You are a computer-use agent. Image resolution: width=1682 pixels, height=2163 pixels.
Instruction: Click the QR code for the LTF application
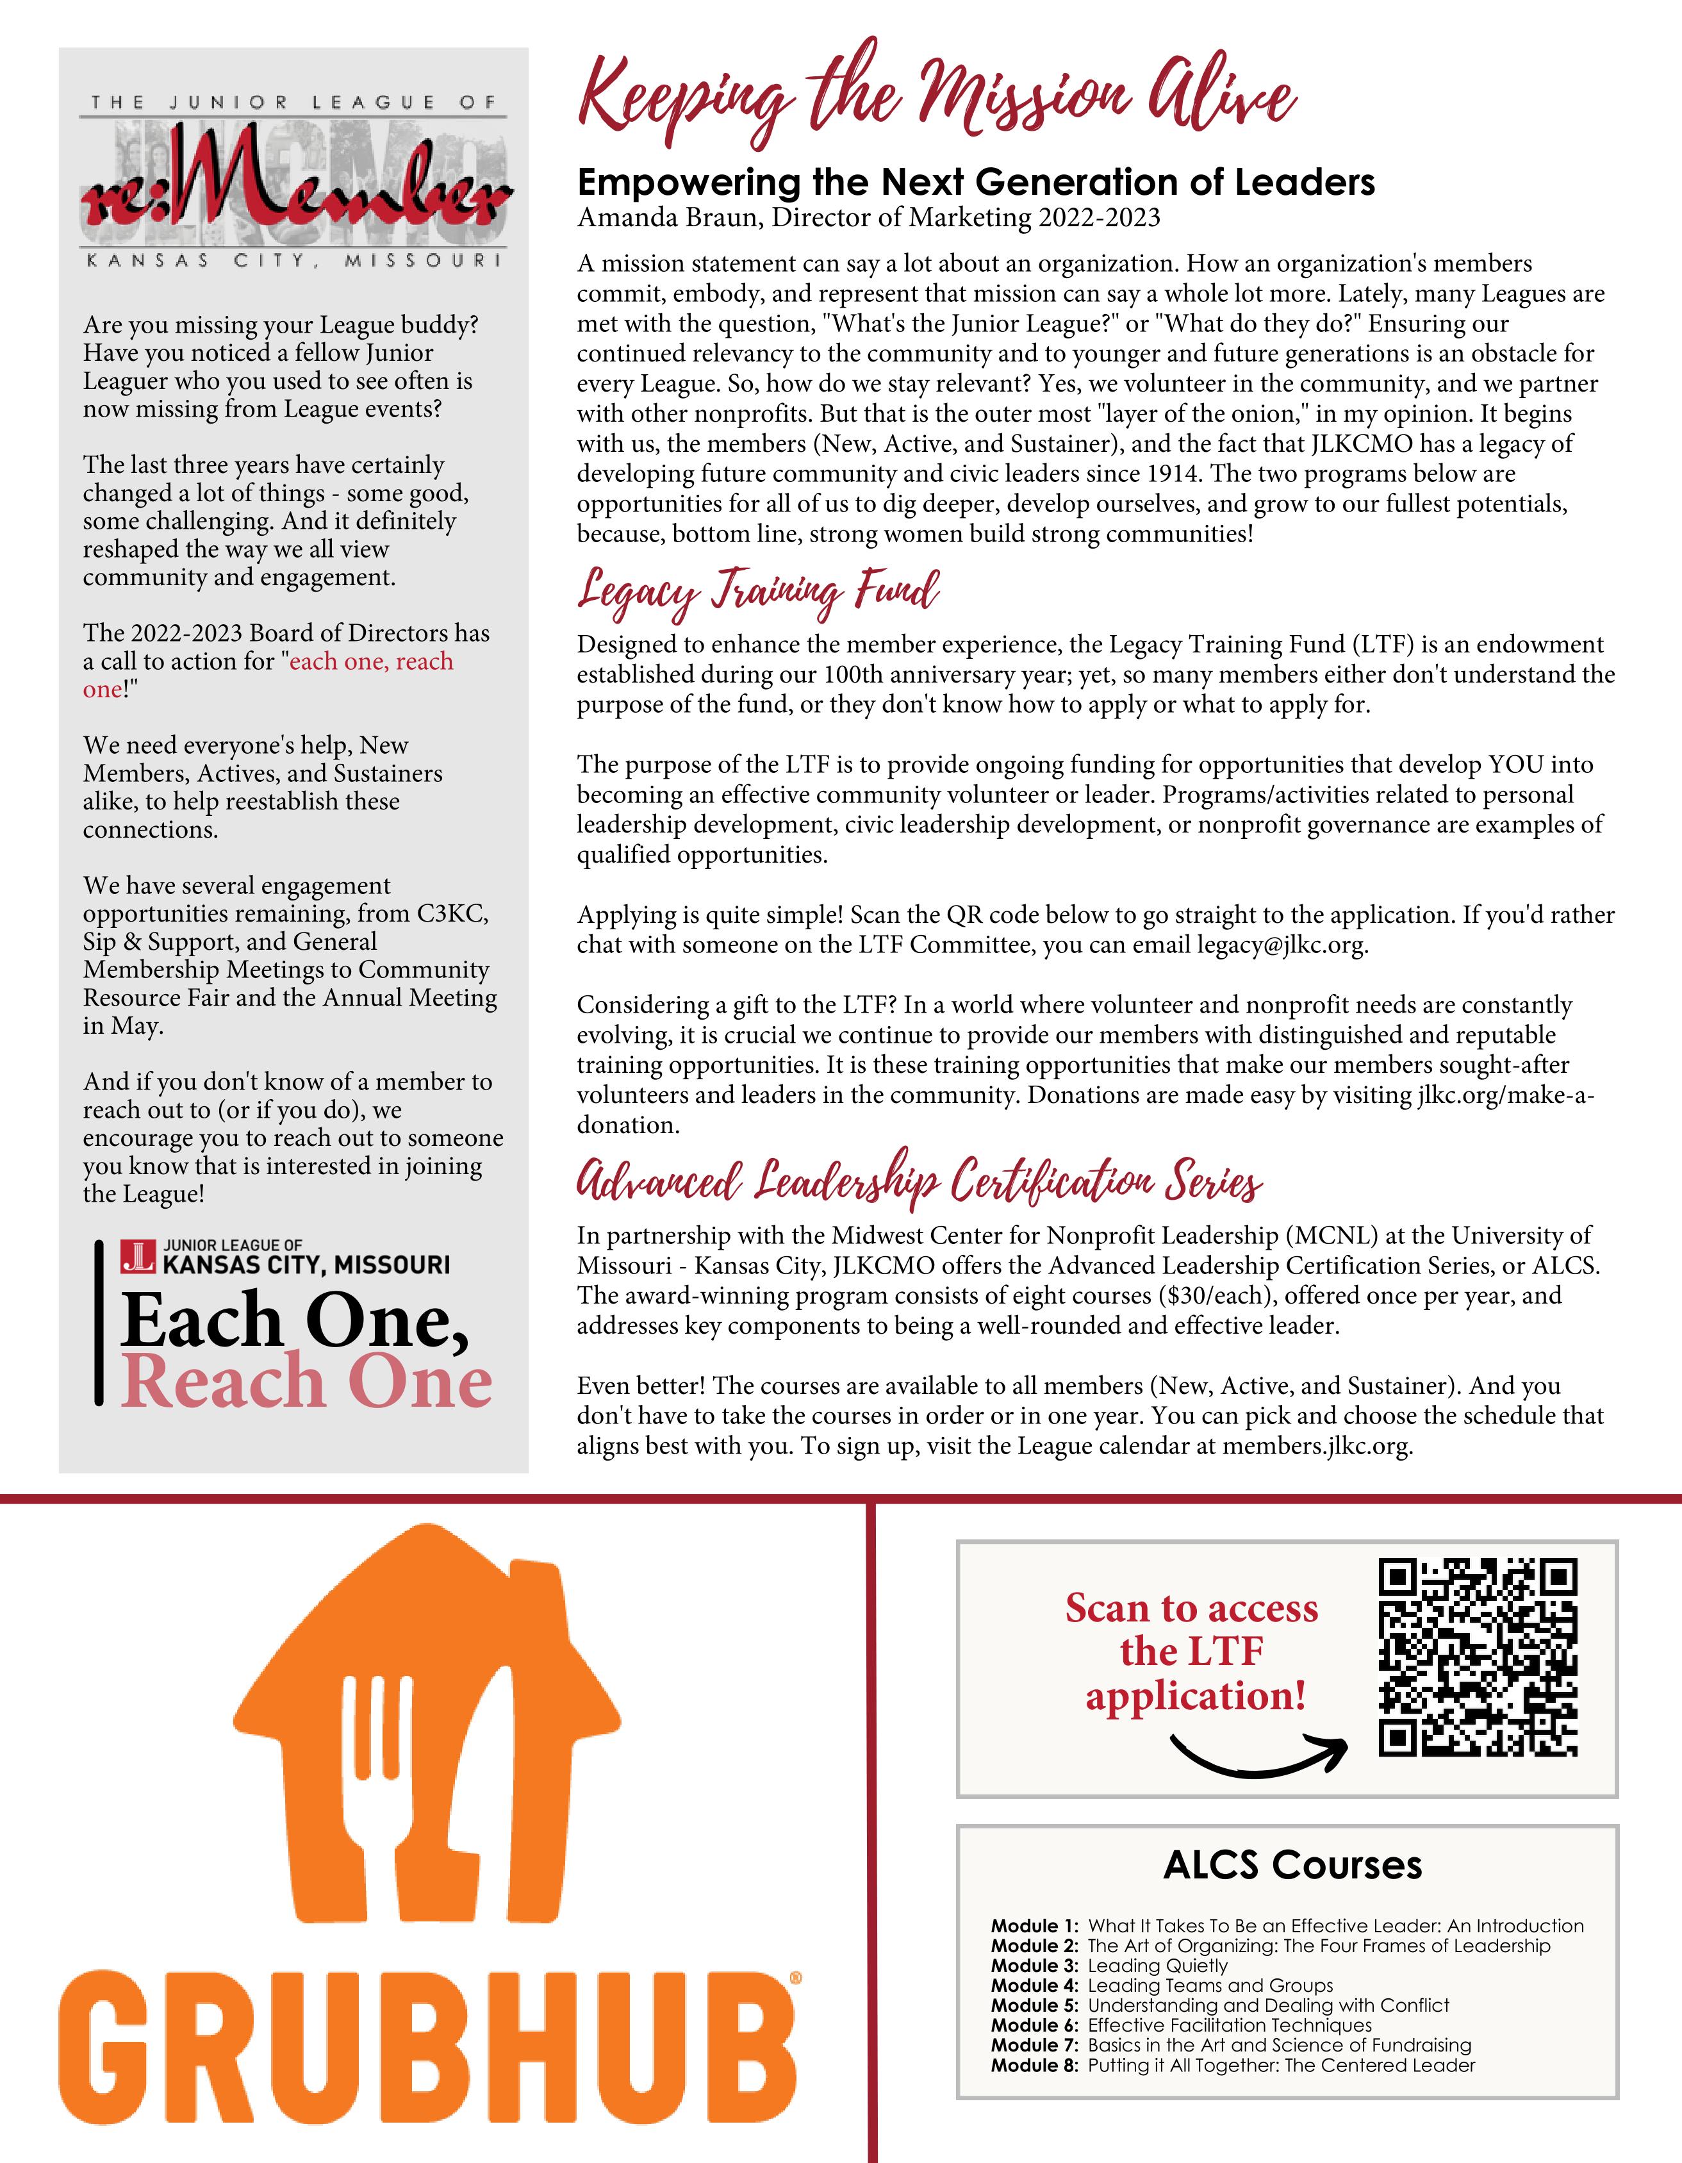point(1477,1659)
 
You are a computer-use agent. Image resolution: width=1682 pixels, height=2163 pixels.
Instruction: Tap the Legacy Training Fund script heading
point(758,592)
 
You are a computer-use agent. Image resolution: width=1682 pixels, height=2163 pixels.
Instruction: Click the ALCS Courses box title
point(1292,1865)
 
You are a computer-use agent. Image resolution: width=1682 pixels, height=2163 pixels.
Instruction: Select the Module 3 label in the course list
point(1034,1966)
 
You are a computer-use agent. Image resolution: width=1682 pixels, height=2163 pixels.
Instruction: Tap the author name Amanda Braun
point(668,218)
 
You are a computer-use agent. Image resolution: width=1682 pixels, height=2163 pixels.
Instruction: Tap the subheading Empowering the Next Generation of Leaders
point(975,182)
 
